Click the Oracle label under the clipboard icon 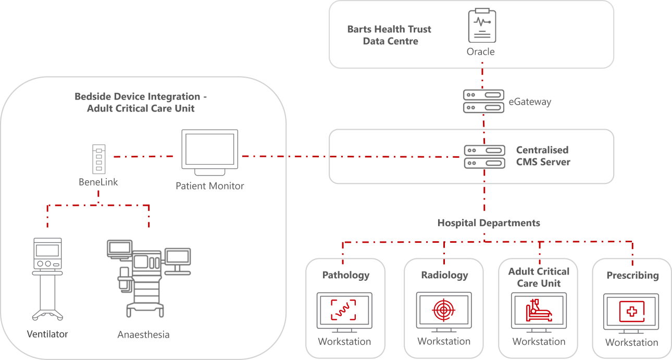click(x=481, y=52)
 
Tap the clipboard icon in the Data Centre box click(x=482, y=26)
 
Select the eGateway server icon click(x=484, y=101)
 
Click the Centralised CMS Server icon click(x=485, y=157)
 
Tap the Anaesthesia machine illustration click(x=148, y=278)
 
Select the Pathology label click(x=345, y=275)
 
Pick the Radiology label click(x=444, y=275)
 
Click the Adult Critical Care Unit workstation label click(x=539, y=277)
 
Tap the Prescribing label click(x=632, y=275)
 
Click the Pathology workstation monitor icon click(x=344, y=312)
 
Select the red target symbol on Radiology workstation click(x=444, y=311)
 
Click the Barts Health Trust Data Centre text click(x=390, y=35)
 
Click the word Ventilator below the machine click(x=47, y=334)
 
